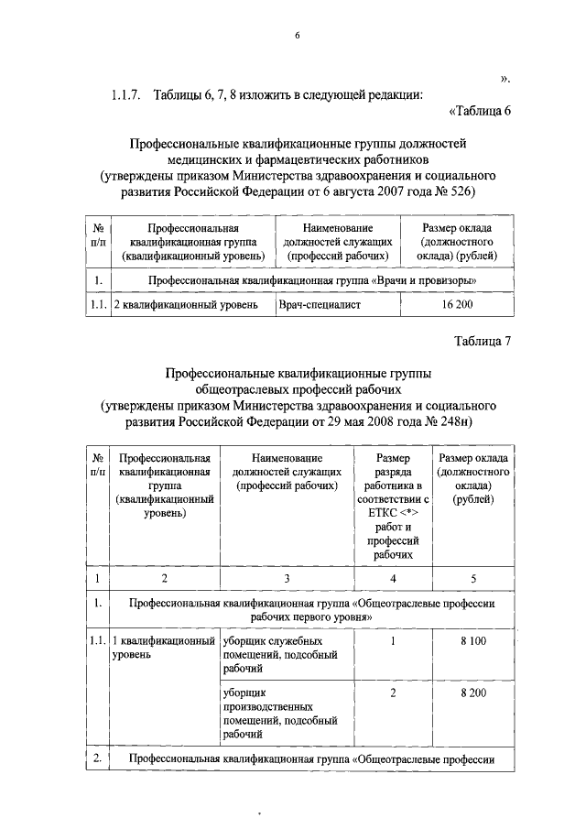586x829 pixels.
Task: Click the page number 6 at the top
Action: [x=297, y=36]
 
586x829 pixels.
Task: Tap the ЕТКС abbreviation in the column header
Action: [x=371, y=513]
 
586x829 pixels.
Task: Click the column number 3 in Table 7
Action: [x=287, y=578]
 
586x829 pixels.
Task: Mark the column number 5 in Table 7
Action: [x=472, y=578]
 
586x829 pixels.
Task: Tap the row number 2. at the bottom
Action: [x=97, y=758]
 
